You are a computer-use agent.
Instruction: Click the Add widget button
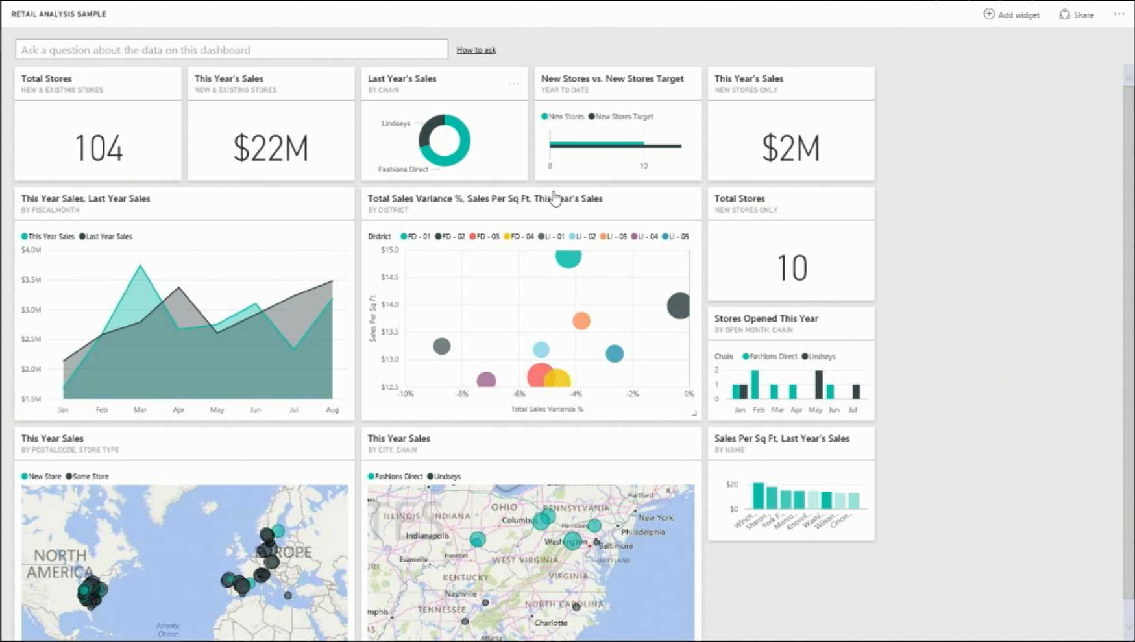pos(1012,14)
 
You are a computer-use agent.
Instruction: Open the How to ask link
pos(476,49)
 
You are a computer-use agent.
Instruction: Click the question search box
pos(231,49)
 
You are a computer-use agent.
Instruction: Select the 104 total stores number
pos(99,148)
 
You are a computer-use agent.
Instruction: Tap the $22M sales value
pos(271,148)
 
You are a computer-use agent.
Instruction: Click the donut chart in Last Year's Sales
pos(445,140)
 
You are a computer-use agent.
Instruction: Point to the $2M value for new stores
pos(790,148)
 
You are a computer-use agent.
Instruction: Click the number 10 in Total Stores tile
pos(792,268)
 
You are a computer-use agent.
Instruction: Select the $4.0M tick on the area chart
pos(31,250)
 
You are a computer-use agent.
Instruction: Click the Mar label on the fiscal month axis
pos(140,410)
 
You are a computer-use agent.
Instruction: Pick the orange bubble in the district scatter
pos(581,320)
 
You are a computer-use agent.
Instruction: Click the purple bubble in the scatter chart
pos(486,380)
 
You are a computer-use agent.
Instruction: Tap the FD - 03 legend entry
pos(484,237)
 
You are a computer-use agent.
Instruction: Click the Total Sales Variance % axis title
pos(547,409)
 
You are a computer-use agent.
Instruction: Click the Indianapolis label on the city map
pos(428,536)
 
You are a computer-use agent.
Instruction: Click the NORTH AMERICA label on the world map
pos(60,564)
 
